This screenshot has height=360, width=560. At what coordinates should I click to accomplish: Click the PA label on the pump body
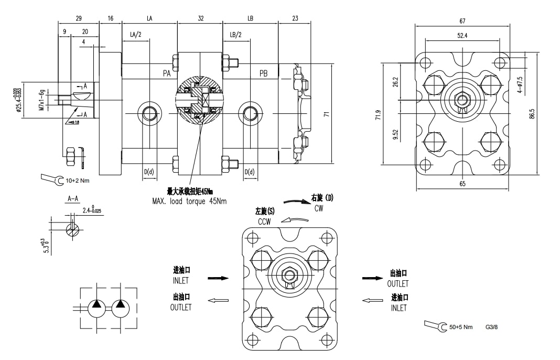(x=167, y=74)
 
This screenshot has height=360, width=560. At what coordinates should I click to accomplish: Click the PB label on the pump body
(x=263, y=74)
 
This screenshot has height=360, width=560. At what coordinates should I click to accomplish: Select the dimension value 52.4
(x=462, y=35)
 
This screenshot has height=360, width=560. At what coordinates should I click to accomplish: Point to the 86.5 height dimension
(x=532, y=114)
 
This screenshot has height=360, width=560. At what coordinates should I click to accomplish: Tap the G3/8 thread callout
(x=491, y=327)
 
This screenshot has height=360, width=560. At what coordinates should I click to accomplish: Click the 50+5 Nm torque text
(x=461, y=327)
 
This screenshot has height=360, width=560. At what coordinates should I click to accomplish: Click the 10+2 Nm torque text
(x=78, y=181)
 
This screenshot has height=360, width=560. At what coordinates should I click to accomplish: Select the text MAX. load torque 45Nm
(x=189, y=201)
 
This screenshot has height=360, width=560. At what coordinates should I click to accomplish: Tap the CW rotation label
(x=319, y=208)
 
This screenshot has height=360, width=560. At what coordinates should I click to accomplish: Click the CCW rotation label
(x=264, y=222)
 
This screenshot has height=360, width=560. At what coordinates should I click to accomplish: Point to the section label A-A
(x=73, y=199)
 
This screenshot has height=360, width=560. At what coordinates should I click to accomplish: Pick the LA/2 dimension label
(x=136, y=35)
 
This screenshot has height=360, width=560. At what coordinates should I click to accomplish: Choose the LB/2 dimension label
(x=235, y=35)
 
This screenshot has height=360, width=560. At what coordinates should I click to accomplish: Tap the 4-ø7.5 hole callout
(x=520, y=84)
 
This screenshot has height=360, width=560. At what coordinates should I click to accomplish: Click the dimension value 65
(x=462, y=184)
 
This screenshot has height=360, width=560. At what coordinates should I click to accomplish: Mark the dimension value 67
(x=462, y=22)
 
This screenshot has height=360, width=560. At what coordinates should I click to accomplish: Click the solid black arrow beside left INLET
(x=218, y=278)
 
